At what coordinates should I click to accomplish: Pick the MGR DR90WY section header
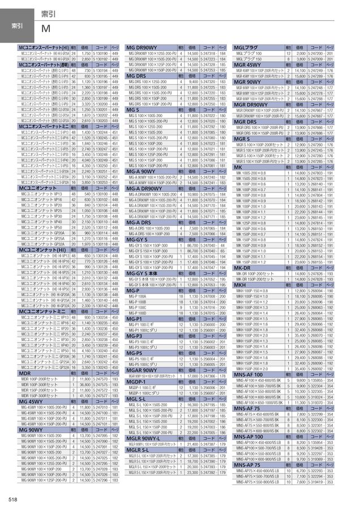[x=252, y=104]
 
